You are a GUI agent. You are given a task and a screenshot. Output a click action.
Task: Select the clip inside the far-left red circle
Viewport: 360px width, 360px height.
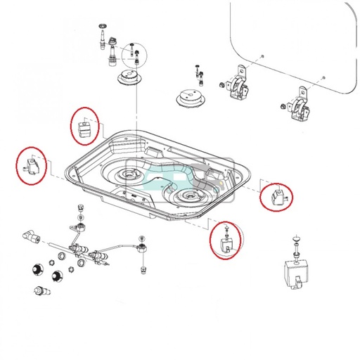[32, 166]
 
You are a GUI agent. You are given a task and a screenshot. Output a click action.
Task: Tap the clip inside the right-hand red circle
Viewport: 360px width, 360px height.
[276, 196]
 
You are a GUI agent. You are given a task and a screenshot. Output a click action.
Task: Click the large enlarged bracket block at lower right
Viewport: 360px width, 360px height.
[295, 271]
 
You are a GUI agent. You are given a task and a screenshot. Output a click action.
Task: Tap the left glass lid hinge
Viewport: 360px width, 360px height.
[238, 86]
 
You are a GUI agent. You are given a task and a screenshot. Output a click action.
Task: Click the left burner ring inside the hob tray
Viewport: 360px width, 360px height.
[131, 174]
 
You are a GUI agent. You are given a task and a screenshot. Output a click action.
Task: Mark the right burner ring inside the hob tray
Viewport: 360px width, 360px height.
[188, 194]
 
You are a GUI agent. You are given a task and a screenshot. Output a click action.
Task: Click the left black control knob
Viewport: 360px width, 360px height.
[34, 268]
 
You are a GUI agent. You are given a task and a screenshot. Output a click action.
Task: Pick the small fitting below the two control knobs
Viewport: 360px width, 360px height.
[41, 290]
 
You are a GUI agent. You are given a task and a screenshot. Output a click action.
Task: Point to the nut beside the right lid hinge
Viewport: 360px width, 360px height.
[282, 106]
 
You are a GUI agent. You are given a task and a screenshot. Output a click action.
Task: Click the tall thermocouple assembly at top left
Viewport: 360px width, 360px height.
[109, 44]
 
